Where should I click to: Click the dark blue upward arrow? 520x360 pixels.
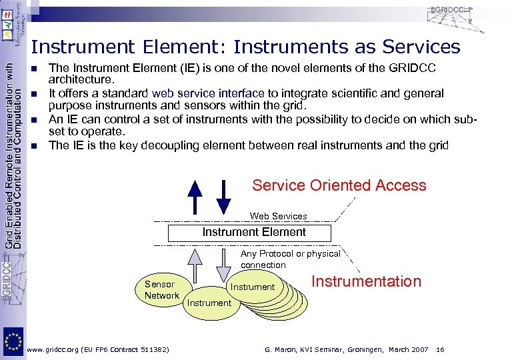point(195,196)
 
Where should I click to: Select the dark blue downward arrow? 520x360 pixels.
point(225,196)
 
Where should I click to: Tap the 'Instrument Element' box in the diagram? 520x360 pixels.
point(249,233)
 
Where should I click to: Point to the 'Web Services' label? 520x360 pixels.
point(278,216)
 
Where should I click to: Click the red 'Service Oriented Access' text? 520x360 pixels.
point(339,185)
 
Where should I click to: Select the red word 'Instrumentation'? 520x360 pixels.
point(366,281)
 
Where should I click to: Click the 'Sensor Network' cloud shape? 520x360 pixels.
point(161,289)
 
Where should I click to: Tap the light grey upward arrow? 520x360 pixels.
point(195,264)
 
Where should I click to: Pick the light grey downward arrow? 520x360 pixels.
point(225,264)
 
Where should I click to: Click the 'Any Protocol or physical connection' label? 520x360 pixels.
point(291,259)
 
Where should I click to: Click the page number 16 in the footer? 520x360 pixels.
point(440,349)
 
